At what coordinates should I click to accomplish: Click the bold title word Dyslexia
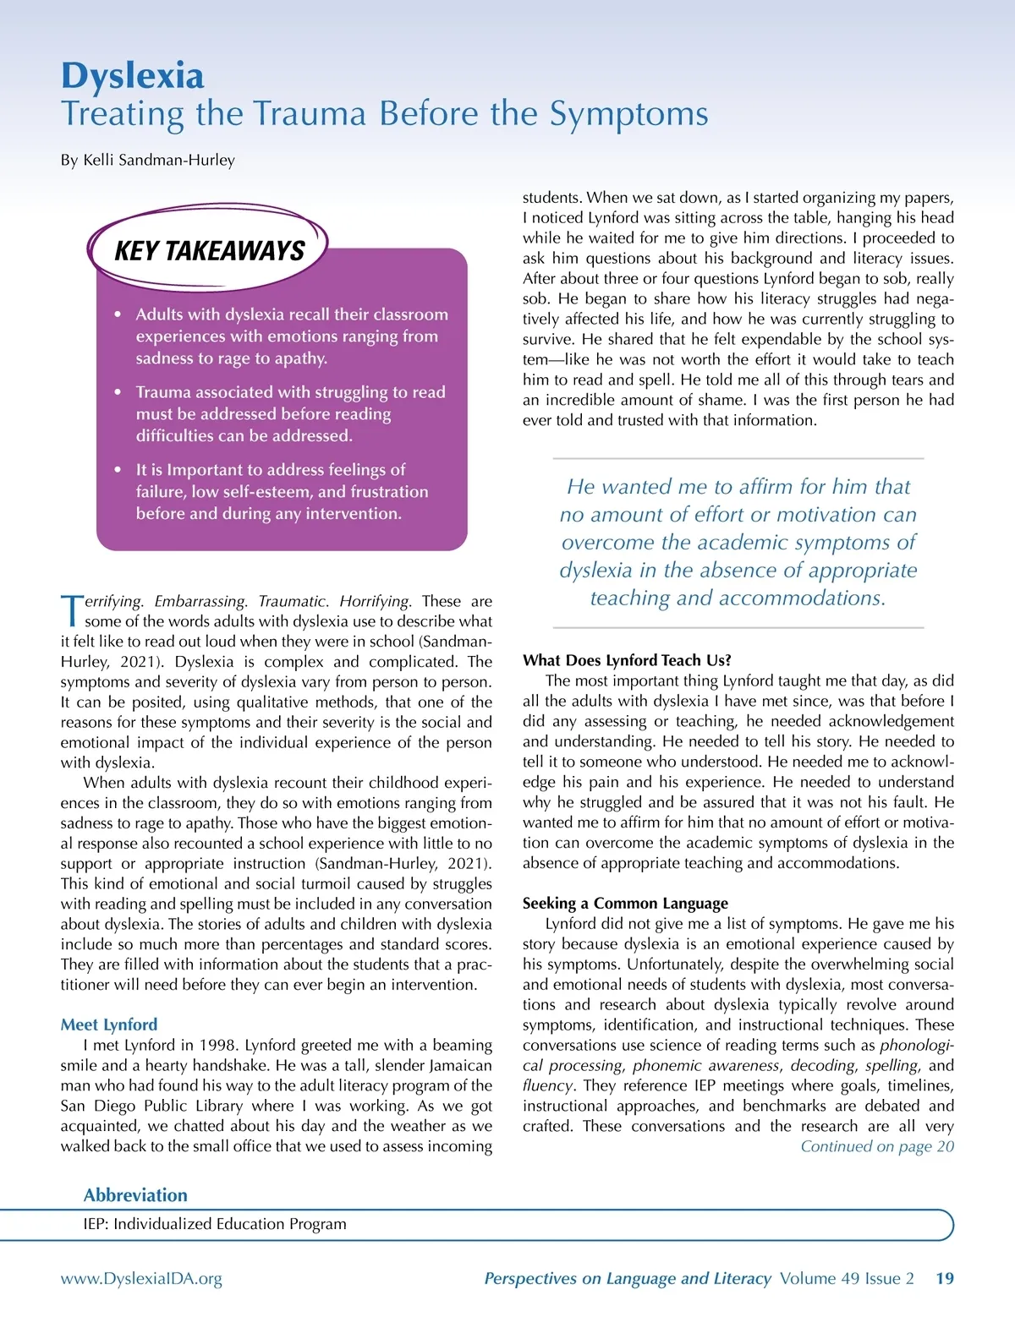(x=132, y=76)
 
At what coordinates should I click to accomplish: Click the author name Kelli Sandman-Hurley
(x=159, y=160)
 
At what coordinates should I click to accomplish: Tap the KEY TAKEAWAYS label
(x=209, y=251)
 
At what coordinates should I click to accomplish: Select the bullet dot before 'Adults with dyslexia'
(x=118, y=314)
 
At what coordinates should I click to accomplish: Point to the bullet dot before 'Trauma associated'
(x=118, y=392)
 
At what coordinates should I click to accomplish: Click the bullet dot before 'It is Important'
(x=118, y=470)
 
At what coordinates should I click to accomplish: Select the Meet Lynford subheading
(x=108, y=1025)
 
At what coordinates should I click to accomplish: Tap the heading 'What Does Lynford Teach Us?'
(x=627, y=660)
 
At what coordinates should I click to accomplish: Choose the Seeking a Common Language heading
(x=625, y=903)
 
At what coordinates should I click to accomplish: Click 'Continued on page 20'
(x=876, y=1146)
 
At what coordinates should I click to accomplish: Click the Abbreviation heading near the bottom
(x=135, y=1195)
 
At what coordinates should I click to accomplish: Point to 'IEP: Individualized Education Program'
(x=215, y=1224)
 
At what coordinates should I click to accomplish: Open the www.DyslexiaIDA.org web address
(x=141, y=1279)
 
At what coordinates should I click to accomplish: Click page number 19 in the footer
(x=945, y=1279)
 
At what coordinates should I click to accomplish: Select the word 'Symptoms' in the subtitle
(x=628, y=114)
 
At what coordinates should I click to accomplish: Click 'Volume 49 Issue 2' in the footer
(x=847, y=1279)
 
